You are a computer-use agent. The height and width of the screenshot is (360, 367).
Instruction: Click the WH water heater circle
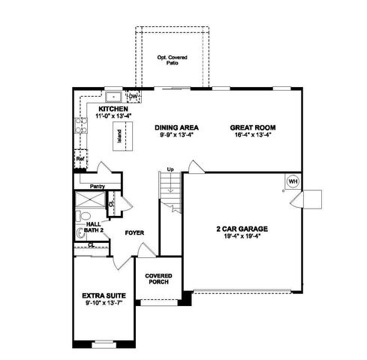pos(292,181)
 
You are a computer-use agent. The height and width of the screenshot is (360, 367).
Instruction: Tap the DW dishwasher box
pos(133,96)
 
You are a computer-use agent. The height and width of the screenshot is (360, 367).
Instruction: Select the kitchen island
pos(118,136)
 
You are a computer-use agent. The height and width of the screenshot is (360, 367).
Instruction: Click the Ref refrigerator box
pos(79,160)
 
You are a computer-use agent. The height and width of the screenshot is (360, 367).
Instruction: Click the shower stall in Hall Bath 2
pos(89,202)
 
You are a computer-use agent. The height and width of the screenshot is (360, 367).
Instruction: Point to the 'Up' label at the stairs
pos(171,169)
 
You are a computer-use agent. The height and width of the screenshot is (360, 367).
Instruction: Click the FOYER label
pos(134,232)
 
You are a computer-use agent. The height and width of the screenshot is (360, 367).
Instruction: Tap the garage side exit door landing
pos(311,199)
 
